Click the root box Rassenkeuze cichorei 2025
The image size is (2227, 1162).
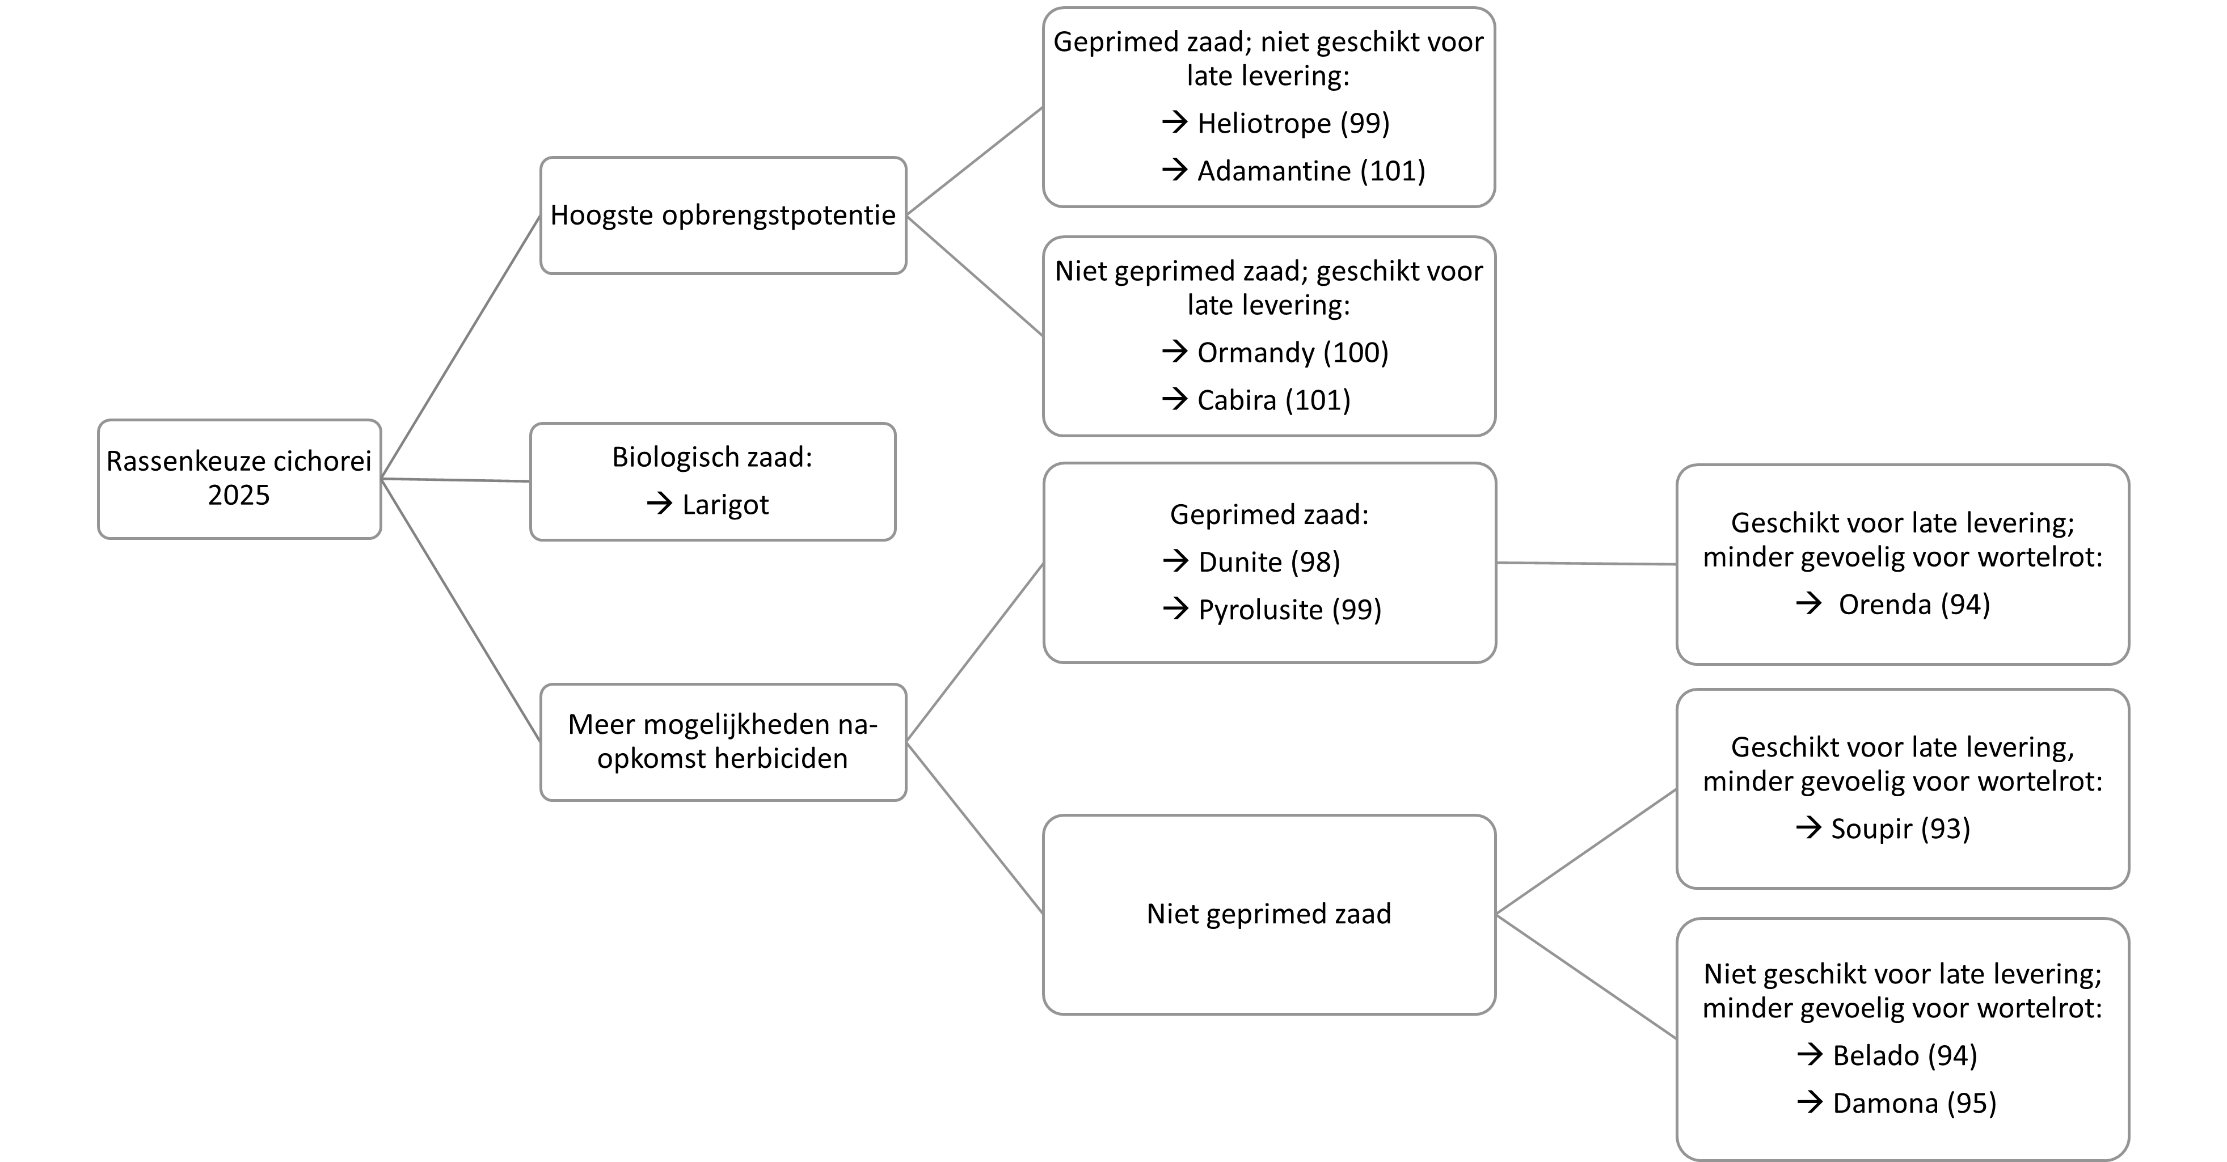pos(239,479)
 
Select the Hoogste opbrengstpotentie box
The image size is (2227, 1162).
pos(723,216)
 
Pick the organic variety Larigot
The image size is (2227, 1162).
pos(726,505)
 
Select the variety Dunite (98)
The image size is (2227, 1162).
pos(1269,563)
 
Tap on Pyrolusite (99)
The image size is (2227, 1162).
pos(1290,610)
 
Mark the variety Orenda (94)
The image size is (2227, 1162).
pos(1914,605)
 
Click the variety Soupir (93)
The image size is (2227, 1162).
pos(1900,829)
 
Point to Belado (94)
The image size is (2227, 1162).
pos(1905,1055)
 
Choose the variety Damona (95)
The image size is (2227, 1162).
pos(1914,1103)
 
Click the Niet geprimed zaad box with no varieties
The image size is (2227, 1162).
pos(1269,915)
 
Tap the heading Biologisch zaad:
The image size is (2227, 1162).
pos(712,457)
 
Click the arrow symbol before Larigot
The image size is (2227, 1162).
pos(660,504)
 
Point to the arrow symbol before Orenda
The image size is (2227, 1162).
pos(1808,603)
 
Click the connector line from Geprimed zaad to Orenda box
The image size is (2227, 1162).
pos(1587,564)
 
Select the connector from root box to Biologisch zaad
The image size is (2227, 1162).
pos(455,480)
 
